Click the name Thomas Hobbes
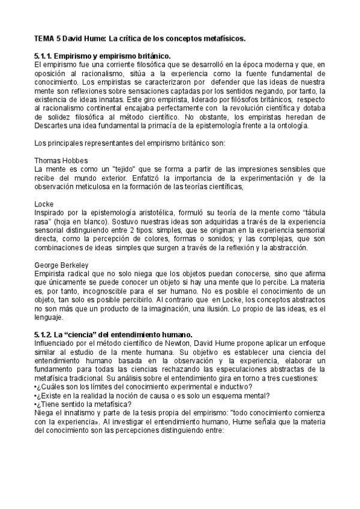click(61, 161)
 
